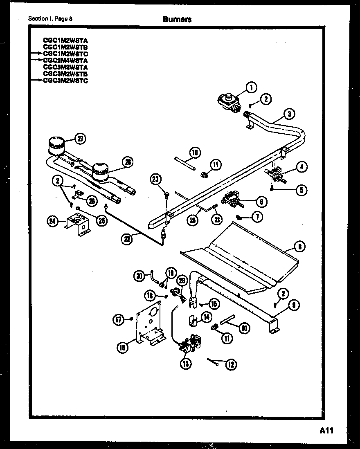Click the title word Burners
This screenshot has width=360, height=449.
pos(177,19)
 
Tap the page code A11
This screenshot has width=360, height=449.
pos(327,431)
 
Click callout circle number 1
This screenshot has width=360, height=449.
pos(251,87)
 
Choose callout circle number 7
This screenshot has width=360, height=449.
pos(257,217)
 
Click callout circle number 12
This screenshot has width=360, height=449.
pos(231,364)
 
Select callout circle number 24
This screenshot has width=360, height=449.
pos(52,222)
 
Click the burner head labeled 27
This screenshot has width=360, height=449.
pos(57,145)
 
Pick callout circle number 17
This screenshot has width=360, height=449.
pos(119,320)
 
